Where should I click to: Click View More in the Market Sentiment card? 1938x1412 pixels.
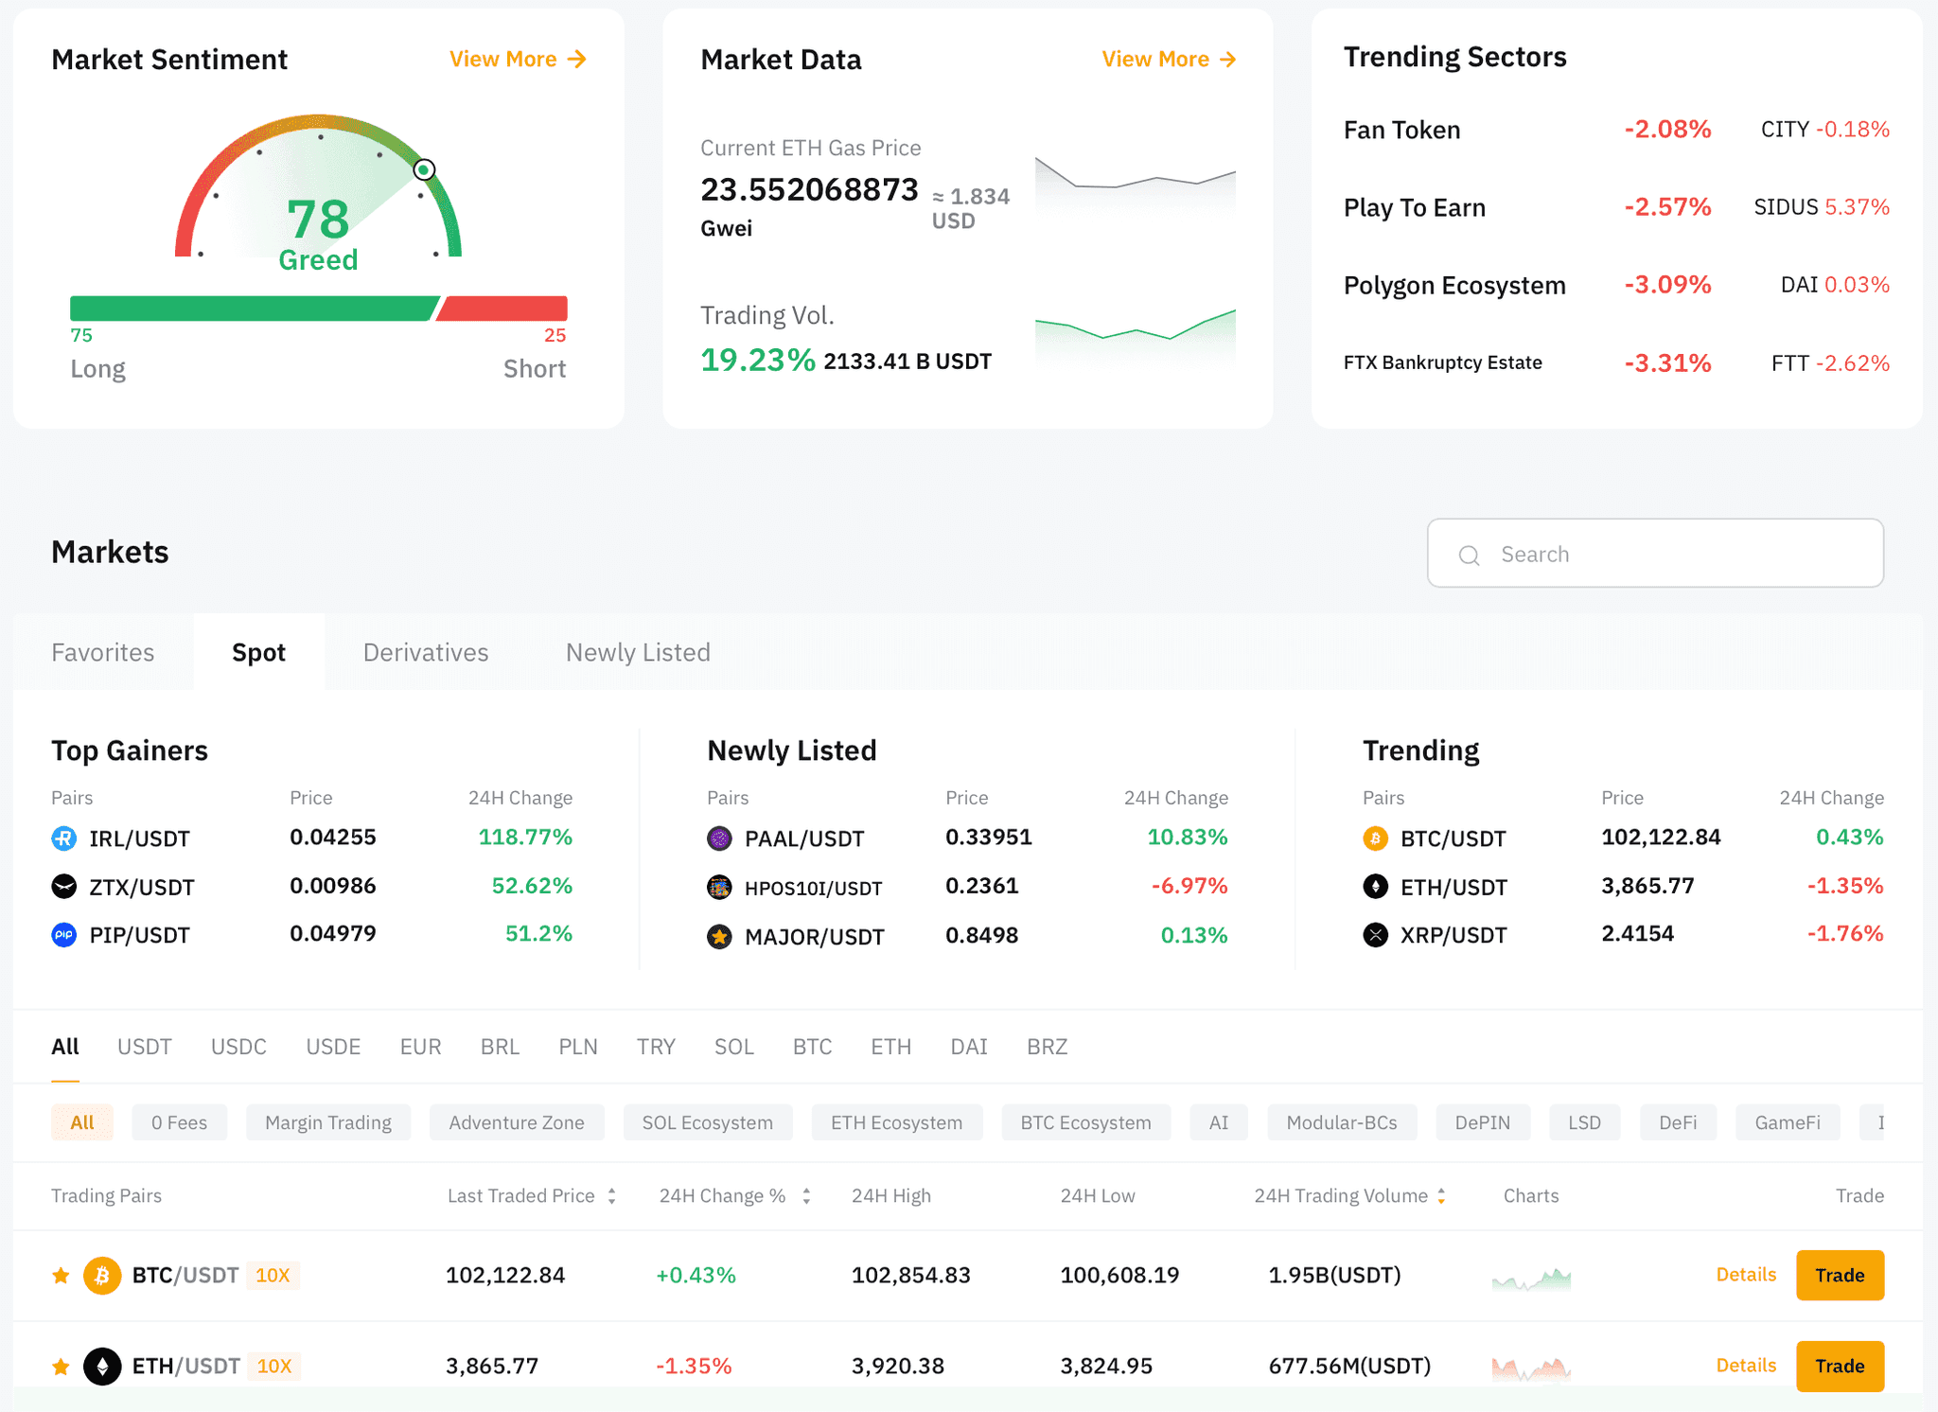click(x=517, y=60)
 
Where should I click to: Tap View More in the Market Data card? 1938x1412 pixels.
click(x=1169, y=60)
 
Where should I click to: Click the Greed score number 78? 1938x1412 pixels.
click(x=318, y=220)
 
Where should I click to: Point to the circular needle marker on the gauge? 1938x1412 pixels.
click(x=424, y=170)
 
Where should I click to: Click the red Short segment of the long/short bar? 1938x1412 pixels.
click(x=502, y=309)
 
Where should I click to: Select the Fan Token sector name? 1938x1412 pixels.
click(x=1401, y=130)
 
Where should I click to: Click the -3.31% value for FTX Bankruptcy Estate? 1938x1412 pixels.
click(x=1667, y=363)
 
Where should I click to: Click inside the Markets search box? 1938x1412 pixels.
click(x=1656, y=554)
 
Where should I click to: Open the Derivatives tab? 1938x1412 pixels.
click(x=426, y=652)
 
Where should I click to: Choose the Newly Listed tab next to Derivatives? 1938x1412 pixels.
click(x=638, y=652)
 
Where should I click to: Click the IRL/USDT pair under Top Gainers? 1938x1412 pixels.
click(x=139, y=838)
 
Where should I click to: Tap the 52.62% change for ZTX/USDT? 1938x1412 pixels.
click(x=532, y=886)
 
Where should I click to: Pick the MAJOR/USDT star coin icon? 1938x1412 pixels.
click(x=719, y=937)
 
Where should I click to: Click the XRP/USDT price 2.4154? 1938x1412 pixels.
click(x=1637, y=934)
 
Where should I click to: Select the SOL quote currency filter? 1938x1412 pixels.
click(x=733, y=1047)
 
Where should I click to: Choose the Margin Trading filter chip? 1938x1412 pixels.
click(x=328, y=1122)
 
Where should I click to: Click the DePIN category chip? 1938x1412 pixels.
click(x=1482, y=1122)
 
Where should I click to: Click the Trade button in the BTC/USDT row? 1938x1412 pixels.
click(x=1839, y=1276)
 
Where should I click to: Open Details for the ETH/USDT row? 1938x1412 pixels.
click(x=1746, y=1366)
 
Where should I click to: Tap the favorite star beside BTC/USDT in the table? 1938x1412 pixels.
click(x=62, y=1276)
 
